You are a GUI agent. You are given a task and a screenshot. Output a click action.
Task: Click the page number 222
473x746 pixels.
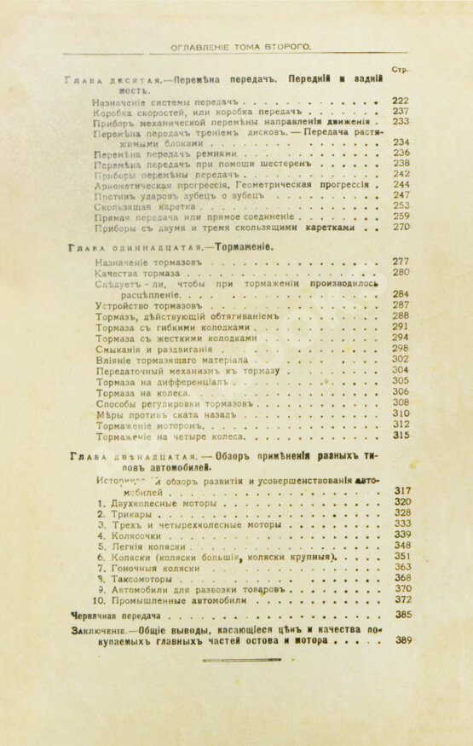[401, 100]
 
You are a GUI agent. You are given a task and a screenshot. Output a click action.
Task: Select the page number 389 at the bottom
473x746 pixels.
[403, 639]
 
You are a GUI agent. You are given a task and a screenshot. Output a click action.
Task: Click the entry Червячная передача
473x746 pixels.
[118, 614]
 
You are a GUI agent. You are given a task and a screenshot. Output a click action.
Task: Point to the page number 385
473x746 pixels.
[403, 614]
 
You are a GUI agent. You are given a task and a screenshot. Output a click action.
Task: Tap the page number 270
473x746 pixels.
[401, 228]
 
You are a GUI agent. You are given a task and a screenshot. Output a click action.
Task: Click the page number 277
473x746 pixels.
[401, 261]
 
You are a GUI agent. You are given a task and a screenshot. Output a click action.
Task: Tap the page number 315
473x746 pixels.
[401, 435]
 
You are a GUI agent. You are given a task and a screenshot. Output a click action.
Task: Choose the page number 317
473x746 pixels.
[403, 491]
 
